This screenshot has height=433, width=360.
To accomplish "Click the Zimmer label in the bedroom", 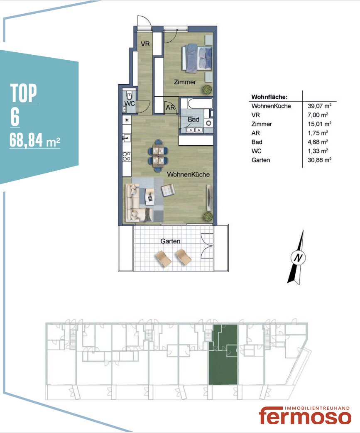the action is [185, 82].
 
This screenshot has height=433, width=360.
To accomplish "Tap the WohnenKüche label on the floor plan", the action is [188, 174].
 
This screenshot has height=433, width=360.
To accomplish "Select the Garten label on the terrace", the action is [170, 241].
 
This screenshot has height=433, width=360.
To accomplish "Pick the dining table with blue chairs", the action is [158, 155].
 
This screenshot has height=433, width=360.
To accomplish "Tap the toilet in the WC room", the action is [129, 96].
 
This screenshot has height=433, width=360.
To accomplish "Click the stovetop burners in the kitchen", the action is [127, 157].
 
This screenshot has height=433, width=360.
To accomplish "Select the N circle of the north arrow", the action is [298, 257].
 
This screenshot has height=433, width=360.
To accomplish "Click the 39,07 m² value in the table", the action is [319, 106].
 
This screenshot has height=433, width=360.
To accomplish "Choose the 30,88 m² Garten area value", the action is [319, 160].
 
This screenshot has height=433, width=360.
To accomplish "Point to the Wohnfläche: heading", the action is [269, 97].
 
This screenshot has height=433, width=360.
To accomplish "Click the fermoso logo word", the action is [305, 416].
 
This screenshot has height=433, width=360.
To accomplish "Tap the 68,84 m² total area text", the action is [35, 140].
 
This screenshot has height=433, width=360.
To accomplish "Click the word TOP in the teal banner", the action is [24, 93].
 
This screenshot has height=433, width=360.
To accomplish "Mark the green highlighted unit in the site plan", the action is [223, 355].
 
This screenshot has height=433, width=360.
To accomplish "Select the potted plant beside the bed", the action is [207, 90].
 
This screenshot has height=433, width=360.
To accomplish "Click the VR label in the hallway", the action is [145, 44].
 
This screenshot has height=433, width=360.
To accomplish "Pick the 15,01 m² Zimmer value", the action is [319, 124].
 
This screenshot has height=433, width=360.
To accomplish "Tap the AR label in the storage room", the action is [170, 108].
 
